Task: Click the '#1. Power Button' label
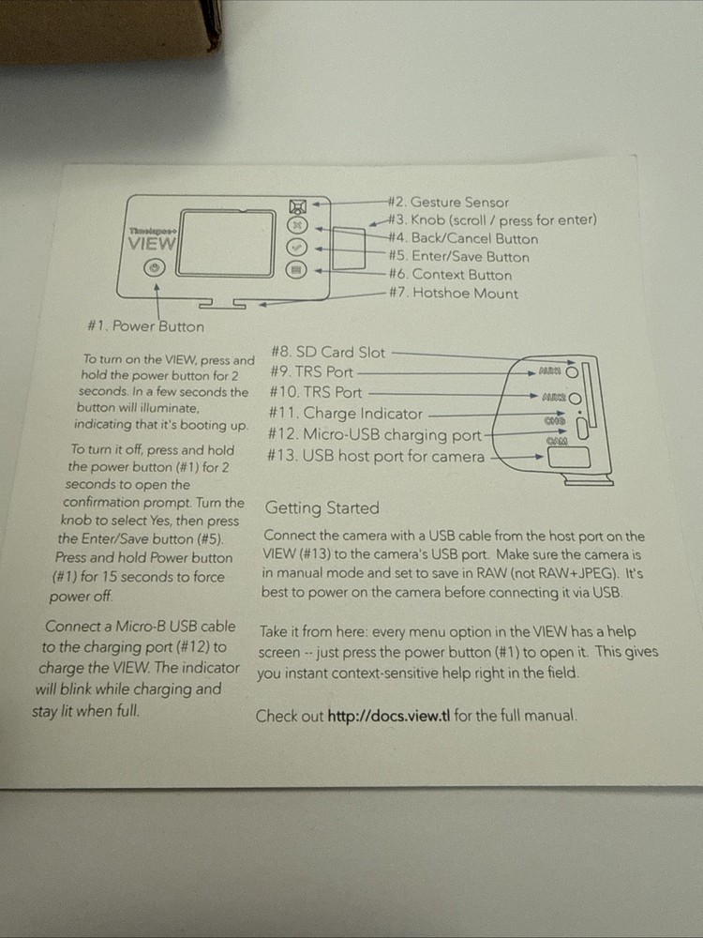(x=145, y=326)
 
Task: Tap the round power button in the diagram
(x=155, y=268)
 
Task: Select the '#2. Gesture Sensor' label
(x=448, y=203)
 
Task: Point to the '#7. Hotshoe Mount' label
(x=454, y=293)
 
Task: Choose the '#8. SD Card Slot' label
(x=328, y=353)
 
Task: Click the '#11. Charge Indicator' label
(x=346, y=414)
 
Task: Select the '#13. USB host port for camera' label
(x=376, y=457)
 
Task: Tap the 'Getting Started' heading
(x=322, y=507)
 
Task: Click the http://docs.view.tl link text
(x=389, y=716)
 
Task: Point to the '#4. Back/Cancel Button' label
(x=463, y=238)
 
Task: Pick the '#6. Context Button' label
(x=450, y=275)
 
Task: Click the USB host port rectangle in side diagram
(x=569, y=458)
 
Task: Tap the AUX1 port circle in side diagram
(x=572, y=372)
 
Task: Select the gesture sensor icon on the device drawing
(x=298, y=206)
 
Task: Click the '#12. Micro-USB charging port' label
(x=375, y=434)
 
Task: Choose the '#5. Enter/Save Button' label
(x=459, y=257)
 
